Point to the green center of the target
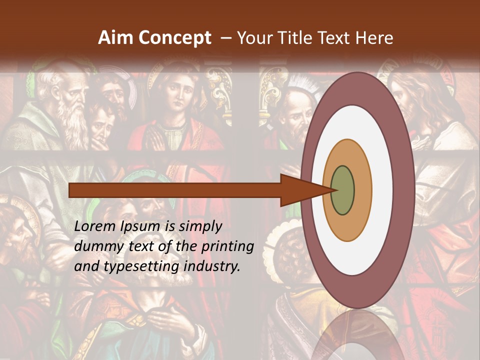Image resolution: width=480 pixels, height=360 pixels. (x=342, y=190)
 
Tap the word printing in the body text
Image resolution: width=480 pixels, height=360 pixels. (x=227, y=247)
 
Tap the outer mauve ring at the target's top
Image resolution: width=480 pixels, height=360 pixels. (x=357, y=87)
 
